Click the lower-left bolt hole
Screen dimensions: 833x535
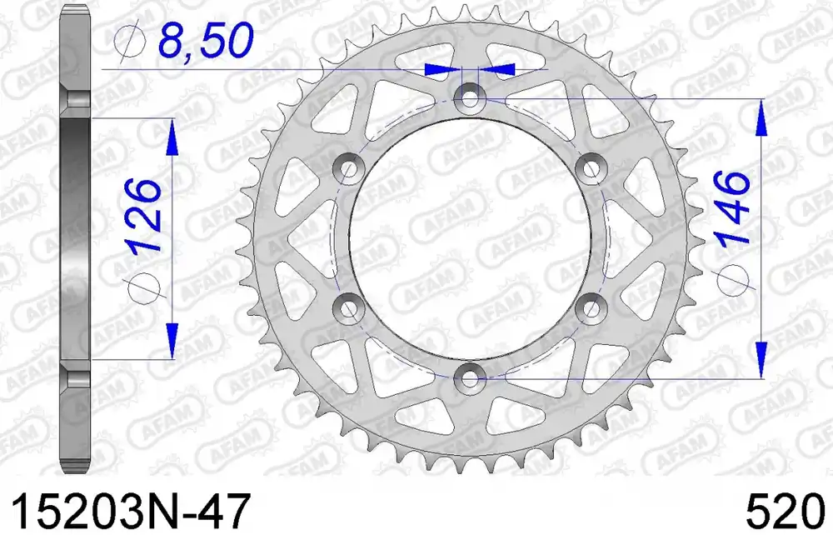[348, 307]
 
